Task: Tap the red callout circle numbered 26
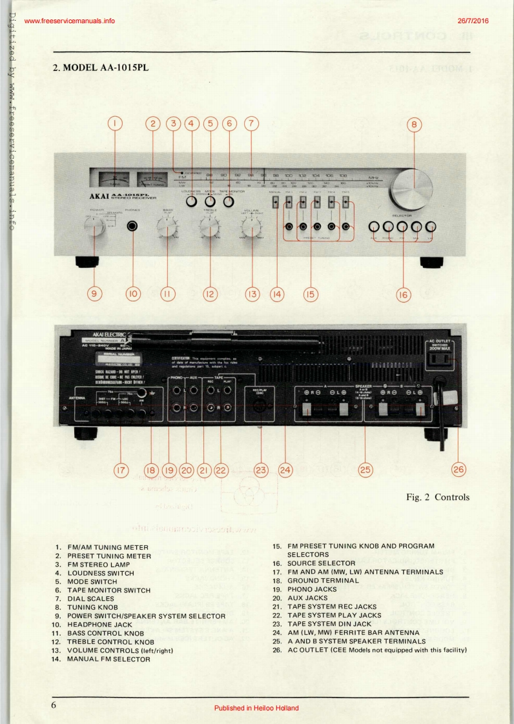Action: click(x=458, y=468)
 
